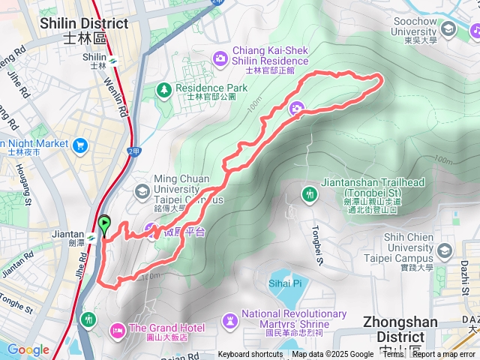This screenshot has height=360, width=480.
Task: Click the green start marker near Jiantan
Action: pyautogui.click(x=104, y=223)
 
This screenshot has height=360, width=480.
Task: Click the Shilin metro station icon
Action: pyautogui.click(x=112, y=61)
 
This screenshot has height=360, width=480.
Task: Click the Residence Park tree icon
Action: pyautogui.click(x=163, y=90)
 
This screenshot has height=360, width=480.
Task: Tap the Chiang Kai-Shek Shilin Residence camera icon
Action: pyautogui.click(x=220, y=57)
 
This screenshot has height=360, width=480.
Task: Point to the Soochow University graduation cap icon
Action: pyautogui.click(x=448, y=29)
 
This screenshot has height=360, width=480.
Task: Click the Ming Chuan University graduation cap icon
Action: pyautogui.click(x=142, y=191)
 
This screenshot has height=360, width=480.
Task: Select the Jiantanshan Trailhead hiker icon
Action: pyautogui.click(x=308, y=195)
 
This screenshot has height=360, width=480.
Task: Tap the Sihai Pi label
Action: pyautogui.click(x=284, y=283)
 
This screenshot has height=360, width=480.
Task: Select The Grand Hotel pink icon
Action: pyautogui.click(x=118, y=328)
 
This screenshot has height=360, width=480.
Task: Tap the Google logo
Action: pyautogui.click(x=28, y=349)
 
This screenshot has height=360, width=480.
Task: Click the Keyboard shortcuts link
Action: pyautogui.click(x=250, y=355)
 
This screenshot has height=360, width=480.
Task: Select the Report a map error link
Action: pyautogui.click(x=444, y=355)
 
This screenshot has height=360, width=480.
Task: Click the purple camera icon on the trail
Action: pyautogui.click(x=297, y=109)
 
